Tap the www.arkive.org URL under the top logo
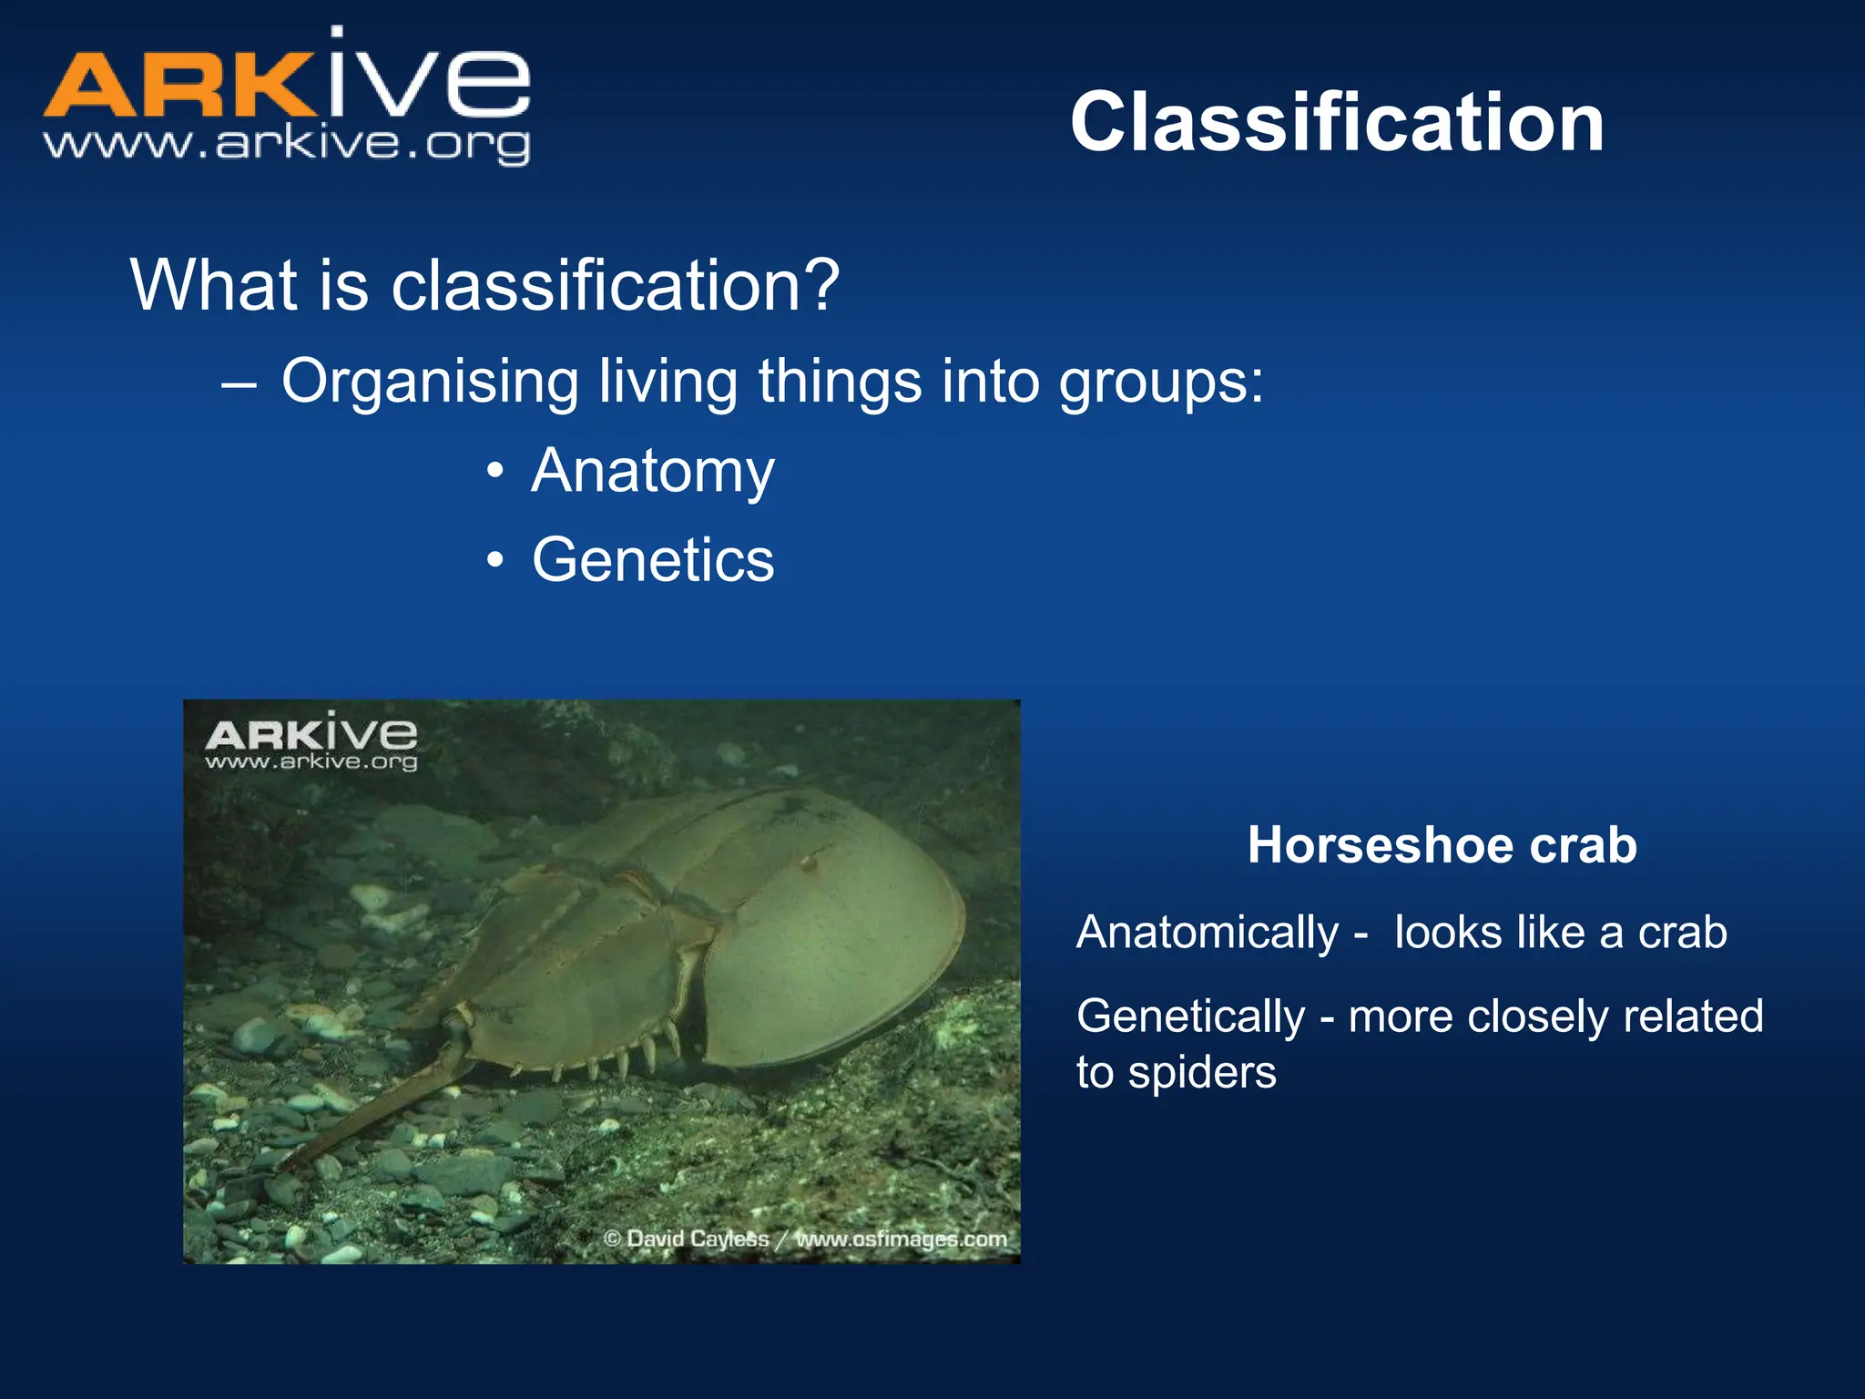(x=286, y=144)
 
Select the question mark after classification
(x=820, y=285)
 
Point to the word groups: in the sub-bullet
(x=1161, y=383)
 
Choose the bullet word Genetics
(x=653, y=559)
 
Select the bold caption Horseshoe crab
(x=1442, y=844)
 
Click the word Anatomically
(x=1207, y=933)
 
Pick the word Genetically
(x=1190, y=1016)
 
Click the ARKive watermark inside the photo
(x=311, y=743)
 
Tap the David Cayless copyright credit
(x=688, y=1239)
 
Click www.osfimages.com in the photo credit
(x=902, y=1239)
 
